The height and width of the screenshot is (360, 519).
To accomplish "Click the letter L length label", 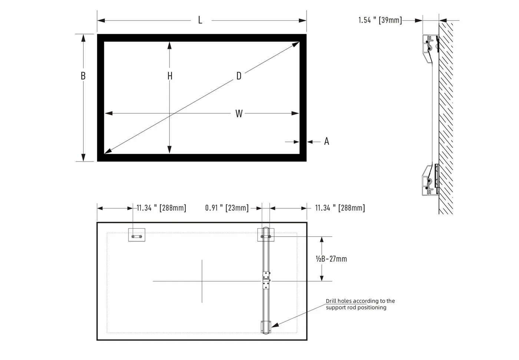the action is (x=200, y=20).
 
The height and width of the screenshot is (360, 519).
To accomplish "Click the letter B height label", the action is (x=83, y=76).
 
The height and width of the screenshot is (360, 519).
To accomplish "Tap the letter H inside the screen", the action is (x=170, y=76).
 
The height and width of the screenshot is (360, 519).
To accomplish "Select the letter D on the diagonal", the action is (x=239, y=76).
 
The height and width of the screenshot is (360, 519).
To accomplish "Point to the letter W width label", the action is (x=239, y=114).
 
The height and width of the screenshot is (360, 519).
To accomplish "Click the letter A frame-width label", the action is (x=327, y=141).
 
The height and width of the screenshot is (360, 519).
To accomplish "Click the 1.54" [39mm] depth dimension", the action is (x=380, y=20).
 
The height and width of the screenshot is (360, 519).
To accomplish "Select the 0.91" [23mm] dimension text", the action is (x=227, y=208).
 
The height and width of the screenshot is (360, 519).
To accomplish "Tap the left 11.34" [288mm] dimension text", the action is (x=161, y=208).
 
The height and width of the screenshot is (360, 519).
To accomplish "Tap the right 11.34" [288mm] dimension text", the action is (x=340, y=208).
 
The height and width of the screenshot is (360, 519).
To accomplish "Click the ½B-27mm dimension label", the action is (x=331, y=259).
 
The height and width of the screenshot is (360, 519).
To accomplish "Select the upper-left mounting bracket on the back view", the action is (x=136, y=235).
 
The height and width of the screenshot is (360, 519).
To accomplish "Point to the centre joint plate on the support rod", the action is (x=266, y=280).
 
